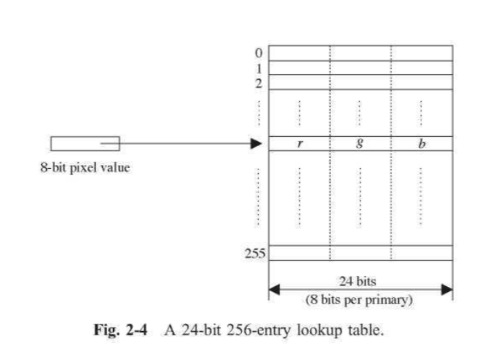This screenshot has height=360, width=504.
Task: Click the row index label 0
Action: point(259,53)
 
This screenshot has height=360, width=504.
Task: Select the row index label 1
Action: point(259,69)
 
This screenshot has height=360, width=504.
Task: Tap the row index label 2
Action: point(259,83)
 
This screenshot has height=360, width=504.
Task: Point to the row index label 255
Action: point(256,253)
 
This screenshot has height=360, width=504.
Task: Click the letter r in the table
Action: point(300,143)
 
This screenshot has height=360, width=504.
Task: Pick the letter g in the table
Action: point(360,143)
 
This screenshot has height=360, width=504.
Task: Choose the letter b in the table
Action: point(422,143)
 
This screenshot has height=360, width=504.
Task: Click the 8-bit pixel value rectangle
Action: point(85,144)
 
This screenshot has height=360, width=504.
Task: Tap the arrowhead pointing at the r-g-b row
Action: point(256,144)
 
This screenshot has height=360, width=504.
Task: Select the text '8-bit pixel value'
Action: point(85,167)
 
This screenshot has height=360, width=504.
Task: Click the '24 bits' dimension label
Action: point(358,281)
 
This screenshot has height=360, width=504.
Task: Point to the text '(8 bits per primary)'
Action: point(359,300)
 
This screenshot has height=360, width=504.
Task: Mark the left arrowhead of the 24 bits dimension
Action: point(274,289)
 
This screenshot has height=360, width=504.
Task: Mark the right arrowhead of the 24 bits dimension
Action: point(447,289)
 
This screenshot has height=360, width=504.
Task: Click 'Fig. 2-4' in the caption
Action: point(121,330)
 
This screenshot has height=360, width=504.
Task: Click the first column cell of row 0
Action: point(299,53)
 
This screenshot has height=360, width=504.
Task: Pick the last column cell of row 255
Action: point(422,253)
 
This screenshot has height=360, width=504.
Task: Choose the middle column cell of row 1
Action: point(360,68)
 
